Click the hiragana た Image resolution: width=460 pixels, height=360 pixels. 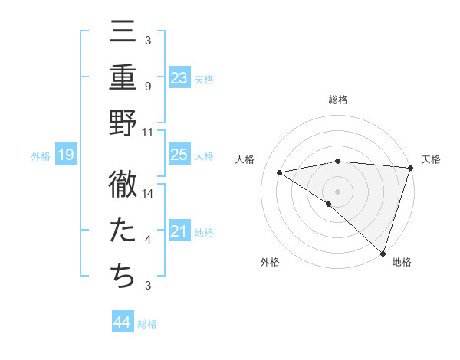123,231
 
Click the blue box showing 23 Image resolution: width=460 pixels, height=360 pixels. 179,78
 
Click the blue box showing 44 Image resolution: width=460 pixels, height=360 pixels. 122,322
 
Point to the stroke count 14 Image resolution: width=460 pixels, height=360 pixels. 149,194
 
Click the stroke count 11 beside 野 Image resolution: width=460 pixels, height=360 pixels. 148,132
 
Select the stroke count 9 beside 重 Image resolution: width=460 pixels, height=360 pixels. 147,87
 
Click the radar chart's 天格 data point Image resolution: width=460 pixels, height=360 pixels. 410,168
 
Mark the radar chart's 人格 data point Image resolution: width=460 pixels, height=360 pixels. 280,172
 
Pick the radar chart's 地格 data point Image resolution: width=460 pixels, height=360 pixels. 383,253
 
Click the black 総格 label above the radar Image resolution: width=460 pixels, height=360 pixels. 337,100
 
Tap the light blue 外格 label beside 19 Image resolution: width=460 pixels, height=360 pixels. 40,156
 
